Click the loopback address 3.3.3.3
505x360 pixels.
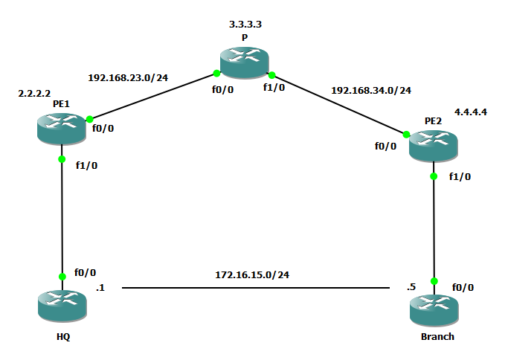click(x=245, y=25)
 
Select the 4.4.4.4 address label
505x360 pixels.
click(x=470, y=112)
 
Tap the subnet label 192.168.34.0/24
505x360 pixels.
click(x=370, y=90)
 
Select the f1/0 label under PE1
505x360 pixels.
click(x=86, y=165)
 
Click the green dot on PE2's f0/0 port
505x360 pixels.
click(x=407, y=135)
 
